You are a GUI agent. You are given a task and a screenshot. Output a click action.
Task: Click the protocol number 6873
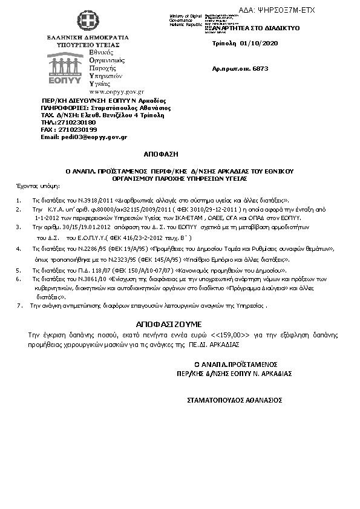[260, 71]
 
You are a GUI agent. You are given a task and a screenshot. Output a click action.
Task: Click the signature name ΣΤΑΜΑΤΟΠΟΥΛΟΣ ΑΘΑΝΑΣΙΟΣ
[235, 400]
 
